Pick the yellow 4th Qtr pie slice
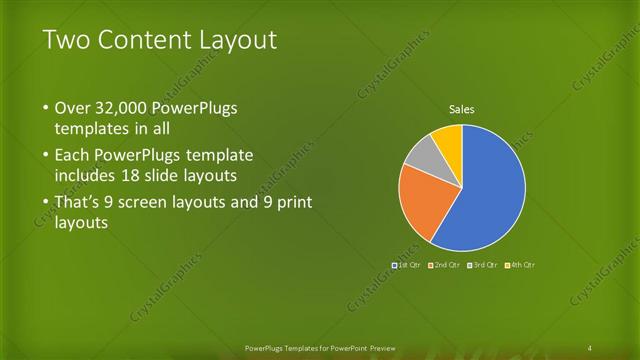tap(448, 141)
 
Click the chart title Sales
tap(461, 109)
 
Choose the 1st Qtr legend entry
tap(406, 265)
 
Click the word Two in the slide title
tap(65, 40)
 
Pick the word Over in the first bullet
tap(72, 107)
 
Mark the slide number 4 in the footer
tap(590, 347)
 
